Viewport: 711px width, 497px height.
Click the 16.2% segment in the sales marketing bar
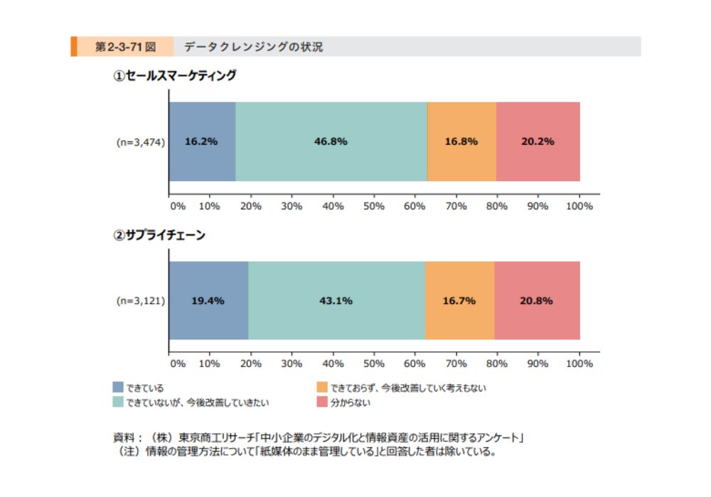pyautogui.click(x=202, y=141)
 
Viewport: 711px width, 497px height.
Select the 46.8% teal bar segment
pyautogui.click(x=331, y=141)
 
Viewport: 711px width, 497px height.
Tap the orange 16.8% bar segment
pyautogui.click(x=461, y=141)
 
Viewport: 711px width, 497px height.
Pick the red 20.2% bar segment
pyautogui.click(x=538, y=141)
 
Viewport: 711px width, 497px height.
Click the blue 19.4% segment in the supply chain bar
pyautogui.click(x=208, y=300)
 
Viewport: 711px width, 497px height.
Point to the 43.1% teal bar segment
pyautogui.click(x=336, y=300)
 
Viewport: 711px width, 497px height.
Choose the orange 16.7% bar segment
pyautogui.click(x=459, y=300)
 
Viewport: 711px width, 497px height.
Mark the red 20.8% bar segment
pyautogui.click(x=537, y=300)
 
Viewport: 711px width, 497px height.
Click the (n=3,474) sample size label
pyautogui.click(x=141, y=142)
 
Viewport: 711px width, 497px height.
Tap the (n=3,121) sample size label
pyautogui.click(x=141, y=301)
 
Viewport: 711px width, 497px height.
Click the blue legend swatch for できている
pyautogui.click(x=118, y=388)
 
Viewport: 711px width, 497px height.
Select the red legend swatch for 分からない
pyautogui.click(x=321, y=403)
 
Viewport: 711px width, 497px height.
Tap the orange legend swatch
pyautogui.click(x=321, y=388)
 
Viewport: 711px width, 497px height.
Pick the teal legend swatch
pyautogui.click(x=118, y=403)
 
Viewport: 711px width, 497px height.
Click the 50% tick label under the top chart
pyautogui.click(x=374, y=206)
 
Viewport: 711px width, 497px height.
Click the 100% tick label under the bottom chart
pyautogui.click(x=579, y=364)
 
